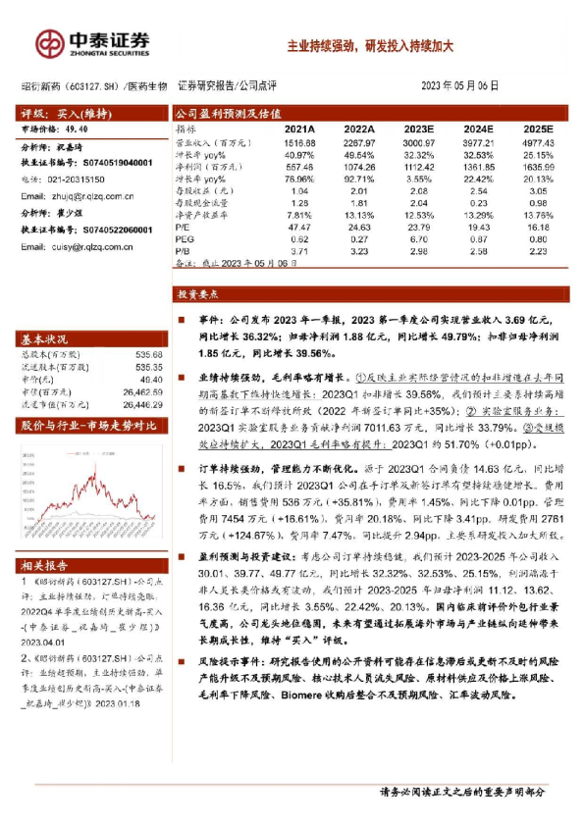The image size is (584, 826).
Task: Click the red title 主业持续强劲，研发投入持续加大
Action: [x=368, y=45]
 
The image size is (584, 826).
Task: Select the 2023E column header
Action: [x=418, y=129]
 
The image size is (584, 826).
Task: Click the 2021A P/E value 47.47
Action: [x=298, y=227]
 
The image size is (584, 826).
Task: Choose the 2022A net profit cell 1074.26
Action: [x=358, y=167]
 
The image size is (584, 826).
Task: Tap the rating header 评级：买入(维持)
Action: [x=56, y=113]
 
